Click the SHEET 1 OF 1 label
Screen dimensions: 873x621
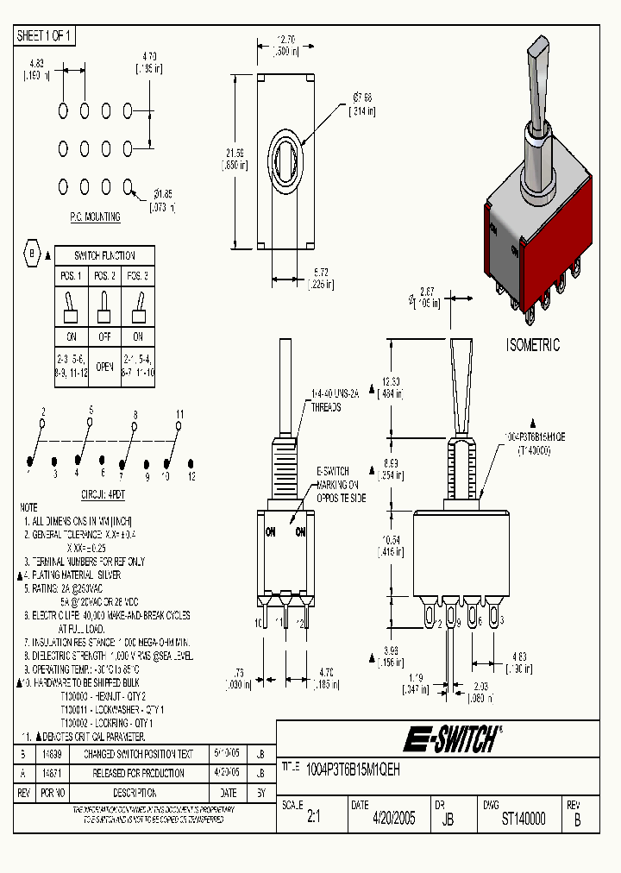click(x=45, y=36)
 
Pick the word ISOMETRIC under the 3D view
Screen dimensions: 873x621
click(x=532, y=346)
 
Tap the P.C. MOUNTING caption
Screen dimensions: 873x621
click(x=95, y=217)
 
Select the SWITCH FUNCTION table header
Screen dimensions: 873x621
click(x=106, y=255)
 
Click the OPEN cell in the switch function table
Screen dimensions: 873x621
click(x=105, y=366)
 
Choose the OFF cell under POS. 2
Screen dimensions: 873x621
click(x=105, y=336)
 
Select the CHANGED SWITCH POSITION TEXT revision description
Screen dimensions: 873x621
click(x=138, y=754)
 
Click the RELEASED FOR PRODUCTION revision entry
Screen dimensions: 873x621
click(x=138, y=773)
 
